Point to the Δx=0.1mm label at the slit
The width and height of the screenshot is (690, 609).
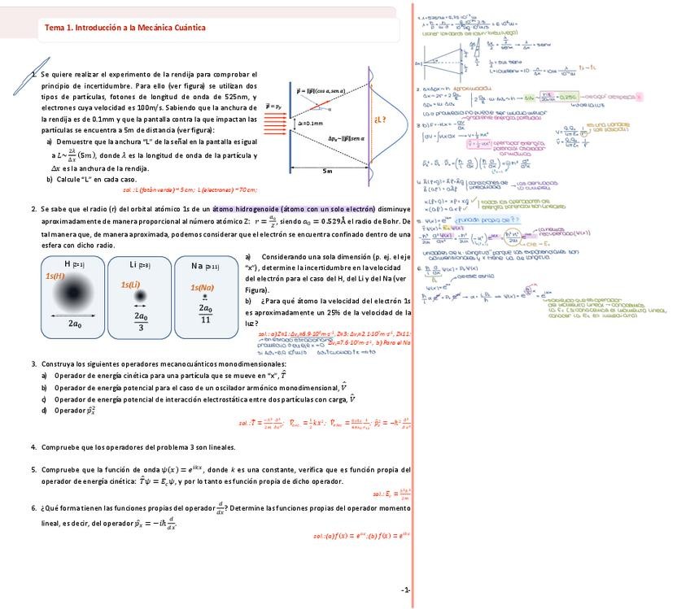click(311, 124)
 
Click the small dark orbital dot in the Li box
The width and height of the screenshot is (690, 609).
click(140, 296)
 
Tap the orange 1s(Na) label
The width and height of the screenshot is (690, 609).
click(202, 287)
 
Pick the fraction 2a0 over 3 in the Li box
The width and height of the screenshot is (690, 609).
click(141, 321)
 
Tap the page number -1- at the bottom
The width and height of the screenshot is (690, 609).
click(405, 589)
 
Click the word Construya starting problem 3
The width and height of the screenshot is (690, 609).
click(58, 363)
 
